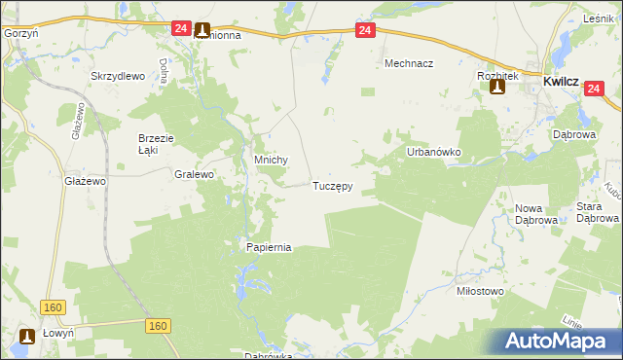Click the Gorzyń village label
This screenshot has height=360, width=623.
click(20, 33)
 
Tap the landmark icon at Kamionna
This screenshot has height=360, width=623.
click(202, 30)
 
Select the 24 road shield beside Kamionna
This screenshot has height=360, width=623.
click(181, 29)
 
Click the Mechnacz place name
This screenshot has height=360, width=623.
click(409, 63)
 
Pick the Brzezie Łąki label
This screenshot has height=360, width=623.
click(156, 144)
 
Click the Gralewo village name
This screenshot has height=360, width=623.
click(194, 174)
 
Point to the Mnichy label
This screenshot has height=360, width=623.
click(270, 162)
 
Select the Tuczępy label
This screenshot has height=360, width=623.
click(332, 185)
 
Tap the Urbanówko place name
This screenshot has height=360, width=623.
click(432, 154)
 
